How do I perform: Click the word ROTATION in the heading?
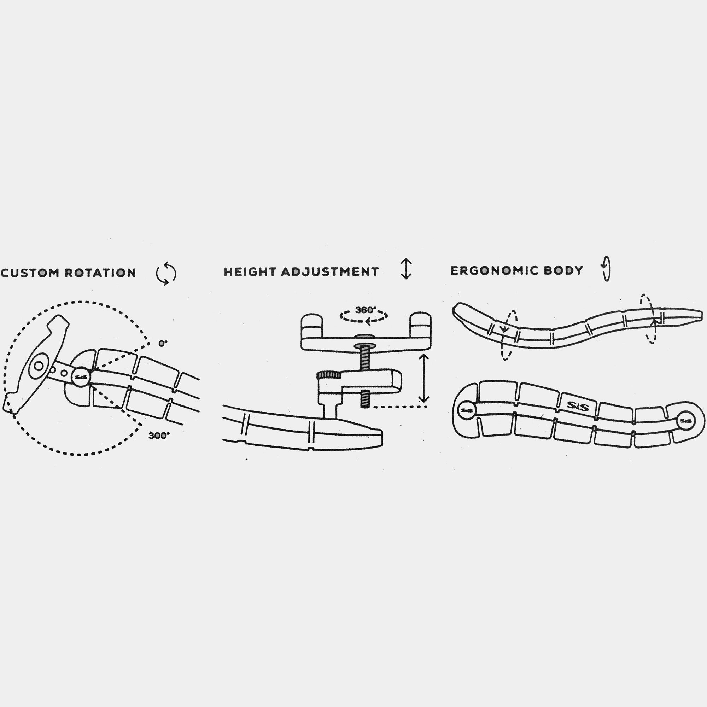point(100,273)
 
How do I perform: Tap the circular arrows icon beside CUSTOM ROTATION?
point(166,273)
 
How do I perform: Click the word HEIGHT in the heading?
point(250,271)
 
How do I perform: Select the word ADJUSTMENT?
point(330,271)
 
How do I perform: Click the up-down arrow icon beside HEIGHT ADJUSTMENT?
point(406,269)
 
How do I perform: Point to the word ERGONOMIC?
point(495,270)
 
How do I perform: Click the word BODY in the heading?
point(563,270)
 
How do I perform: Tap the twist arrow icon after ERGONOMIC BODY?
point(606,268)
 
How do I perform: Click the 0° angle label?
point(163,343)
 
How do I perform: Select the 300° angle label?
point(159,436)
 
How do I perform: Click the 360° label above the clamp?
point(366,310)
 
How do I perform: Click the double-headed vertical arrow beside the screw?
point(423,378)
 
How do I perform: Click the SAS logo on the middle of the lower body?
point(578,406)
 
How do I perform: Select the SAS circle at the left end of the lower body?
point(467,410)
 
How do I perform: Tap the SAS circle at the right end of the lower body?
point(685,421)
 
